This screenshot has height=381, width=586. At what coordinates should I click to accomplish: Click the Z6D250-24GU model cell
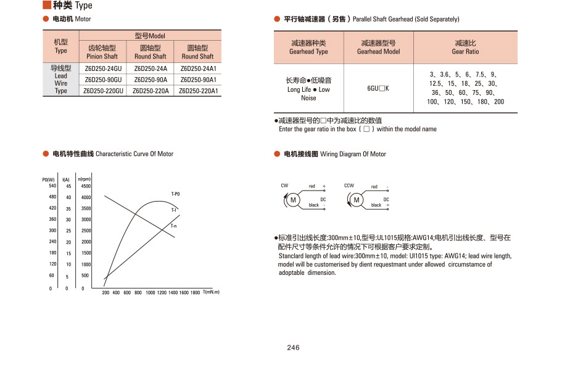pos(103,68)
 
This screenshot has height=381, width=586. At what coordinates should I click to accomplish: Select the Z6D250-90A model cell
pos(151,80)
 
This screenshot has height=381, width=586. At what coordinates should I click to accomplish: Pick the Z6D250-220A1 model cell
pos(198,91)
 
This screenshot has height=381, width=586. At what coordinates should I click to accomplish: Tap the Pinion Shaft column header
pos(102,52)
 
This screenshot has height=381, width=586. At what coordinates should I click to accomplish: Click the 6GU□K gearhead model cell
pos(378,88)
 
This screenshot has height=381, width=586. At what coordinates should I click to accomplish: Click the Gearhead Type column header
pos(308,47)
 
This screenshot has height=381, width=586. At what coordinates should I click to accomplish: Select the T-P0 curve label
pos(175,194)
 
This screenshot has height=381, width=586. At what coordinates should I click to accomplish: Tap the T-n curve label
pos(174,226)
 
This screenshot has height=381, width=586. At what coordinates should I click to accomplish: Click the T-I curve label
pos(174,210)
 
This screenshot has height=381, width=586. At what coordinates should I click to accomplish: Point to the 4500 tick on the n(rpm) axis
pos(86,186)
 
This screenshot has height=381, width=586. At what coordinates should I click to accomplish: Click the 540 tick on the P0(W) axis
pos(52,186)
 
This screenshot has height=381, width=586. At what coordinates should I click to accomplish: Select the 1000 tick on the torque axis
pos(149,293)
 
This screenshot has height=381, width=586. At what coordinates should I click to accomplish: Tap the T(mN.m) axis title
pos(211,292)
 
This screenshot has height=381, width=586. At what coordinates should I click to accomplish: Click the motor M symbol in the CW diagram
pos(293,200)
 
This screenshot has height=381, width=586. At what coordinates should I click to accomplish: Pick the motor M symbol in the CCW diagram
pos(356,200)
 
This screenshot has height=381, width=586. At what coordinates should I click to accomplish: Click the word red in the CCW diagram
pos(374,187)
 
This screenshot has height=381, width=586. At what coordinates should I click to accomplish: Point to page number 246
pos(293,348)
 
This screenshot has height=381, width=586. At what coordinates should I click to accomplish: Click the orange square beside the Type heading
pos(46,5)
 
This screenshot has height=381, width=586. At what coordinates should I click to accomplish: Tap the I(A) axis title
pos(66,179)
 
